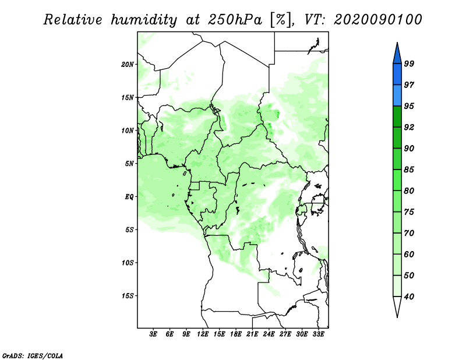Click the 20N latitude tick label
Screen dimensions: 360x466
(128, 64)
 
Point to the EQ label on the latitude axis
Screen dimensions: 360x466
(129, 196)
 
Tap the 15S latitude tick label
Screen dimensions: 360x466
(128, 295)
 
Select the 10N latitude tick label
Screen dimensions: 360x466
(128, 130)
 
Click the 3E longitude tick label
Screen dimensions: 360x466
(154, 334)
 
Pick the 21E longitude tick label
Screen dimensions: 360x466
(252, 334)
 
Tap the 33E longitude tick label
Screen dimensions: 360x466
(318, 334)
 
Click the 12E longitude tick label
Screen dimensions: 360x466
(203, 334)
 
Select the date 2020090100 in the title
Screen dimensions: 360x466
(378, 20)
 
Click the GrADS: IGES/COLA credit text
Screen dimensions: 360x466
(32, 355)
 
